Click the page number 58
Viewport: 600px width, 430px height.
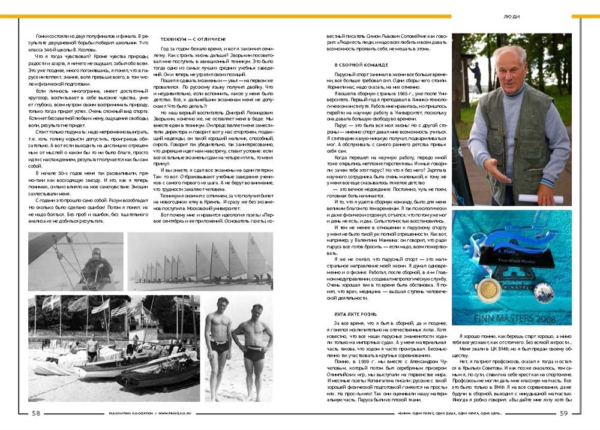[36, 413]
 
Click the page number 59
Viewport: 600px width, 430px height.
[563, 413]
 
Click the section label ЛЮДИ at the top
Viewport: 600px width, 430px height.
[512, 16]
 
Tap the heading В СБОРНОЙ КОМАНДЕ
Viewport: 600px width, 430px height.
[362, 64]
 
